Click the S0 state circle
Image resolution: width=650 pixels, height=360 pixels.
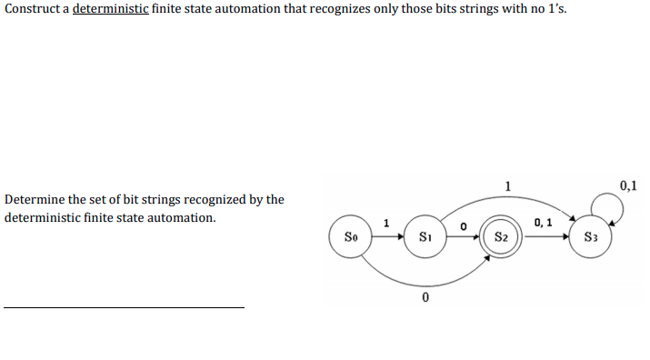[x=350, y=238]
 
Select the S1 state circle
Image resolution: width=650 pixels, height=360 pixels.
[x=425, y=238]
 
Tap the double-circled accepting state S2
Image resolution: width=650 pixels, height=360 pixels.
[x=501, y=238]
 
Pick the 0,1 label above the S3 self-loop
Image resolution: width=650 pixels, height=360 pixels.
[x=628, y=186]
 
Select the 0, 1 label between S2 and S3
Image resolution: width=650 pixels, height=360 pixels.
[x=544, y=222]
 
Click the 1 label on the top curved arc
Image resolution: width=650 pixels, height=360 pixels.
[x=507, y=186]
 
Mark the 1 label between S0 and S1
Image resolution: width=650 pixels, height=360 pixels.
[x=386, y=223]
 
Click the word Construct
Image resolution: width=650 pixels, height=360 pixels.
[x=34, y=10]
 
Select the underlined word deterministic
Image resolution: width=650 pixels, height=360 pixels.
[x=110, y=10]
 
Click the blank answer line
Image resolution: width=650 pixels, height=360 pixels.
[x=124, y=307]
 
